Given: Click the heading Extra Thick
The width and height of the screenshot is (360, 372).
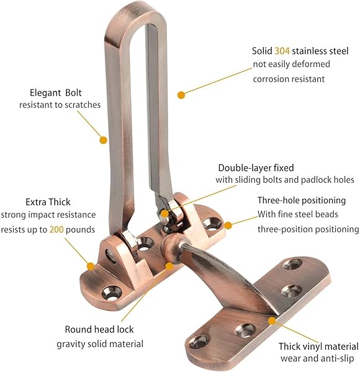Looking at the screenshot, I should coord(48,202).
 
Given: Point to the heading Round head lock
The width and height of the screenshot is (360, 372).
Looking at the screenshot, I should coord(99,329).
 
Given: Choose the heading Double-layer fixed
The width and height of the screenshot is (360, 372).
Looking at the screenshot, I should coord(256,167).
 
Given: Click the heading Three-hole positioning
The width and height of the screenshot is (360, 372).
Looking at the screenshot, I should coord(301,201).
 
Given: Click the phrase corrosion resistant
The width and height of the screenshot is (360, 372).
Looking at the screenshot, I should coord(289,79).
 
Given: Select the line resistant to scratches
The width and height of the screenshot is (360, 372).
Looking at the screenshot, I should coord(60,105).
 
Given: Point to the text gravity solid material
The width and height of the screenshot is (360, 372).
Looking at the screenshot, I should coord(100,343).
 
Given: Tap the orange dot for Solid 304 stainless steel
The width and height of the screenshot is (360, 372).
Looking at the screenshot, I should coord(181,95).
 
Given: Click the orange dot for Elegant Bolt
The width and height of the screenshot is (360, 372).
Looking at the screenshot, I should coord(104,140).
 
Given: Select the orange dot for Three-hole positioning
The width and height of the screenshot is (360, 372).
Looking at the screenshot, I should coord(228,225).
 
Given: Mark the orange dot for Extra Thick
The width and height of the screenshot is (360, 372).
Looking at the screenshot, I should coord(91,266).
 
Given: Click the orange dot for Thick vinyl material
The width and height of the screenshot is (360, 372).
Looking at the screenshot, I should coord(271,320).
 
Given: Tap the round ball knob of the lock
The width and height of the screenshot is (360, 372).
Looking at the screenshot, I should coord(170,246).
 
